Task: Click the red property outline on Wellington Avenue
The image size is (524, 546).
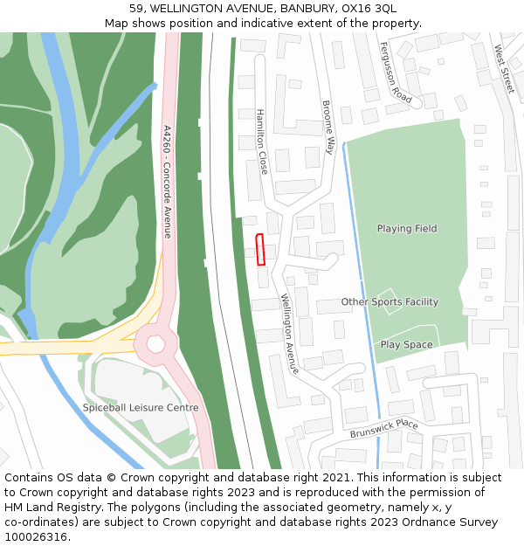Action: pyautogui.click(x=259, y=250)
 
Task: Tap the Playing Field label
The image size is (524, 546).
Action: pyautogui.click(x=406, y=229)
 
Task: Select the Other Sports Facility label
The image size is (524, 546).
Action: pyautogui.click(x=390, y=302)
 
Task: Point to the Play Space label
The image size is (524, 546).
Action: pyautogui.click(x=406, y=345)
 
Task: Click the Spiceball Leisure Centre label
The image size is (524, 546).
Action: pyautogui.click(x=141, y=408)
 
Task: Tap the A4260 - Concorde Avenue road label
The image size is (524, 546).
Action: pyautogui.click(x=167, y=182)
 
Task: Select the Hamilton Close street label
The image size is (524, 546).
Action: pyautogui.click(x=262, y=142)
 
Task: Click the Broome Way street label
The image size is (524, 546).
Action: pyautogui.click(x=328, y=127)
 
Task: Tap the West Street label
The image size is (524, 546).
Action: pyautogui.click(x=504, y=70)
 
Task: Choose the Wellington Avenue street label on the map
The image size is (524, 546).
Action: pyautogui.click(x=289, y=335)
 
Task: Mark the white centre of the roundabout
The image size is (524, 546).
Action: pyautogui.click(x=155, y=343)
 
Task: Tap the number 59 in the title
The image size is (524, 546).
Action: pyautogui.click(x=136, y=9)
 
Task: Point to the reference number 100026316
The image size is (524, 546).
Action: pyautogui.click(x=35, y=537)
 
